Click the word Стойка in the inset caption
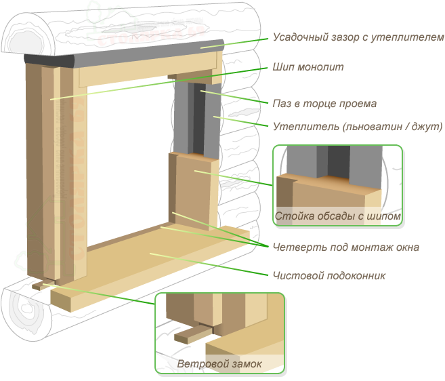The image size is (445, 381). [290, 217]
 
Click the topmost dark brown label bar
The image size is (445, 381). [358, 38]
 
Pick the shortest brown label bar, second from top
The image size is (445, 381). [308, 66]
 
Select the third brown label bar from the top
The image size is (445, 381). [324, 104]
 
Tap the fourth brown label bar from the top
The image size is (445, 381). [357, 127]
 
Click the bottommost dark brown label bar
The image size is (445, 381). [329, 275]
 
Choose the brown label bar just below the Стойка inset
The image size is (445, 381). [345, 248]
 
